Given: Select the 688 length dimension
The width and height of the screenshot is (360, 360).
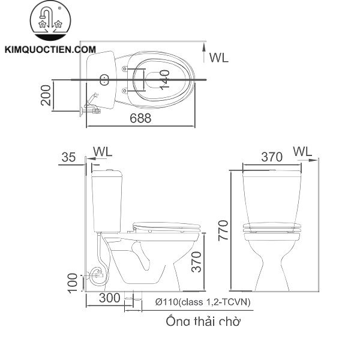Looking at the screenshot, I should pyautogui.click(x=140, y=118).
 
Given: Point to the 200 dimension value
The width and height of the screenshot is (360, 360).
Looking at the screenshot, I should pyautogui.click(x=46, y=94).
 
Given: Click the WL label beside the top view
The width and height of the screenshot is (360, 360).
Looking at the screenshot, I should pyautogui.click(x=219, y=58).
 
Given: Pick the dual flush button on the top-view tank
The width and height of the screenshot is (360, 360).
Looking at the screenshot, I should pyautogui.click(x=103, y=79).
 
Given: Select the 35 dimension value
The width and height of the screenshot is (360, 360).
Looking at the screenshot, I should pyautogui.click(x=69, y=157).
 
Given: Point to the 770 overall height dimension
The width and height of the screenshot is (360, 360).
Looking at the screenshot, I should pyautogui.click(x=223, y=229).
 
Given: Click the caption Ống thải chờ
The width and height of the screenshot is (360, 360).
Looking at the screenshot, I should pyautogui.click(x=203, y=322).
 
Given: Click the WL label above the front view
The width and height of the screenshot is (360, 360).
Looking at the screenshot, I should pyautogui.click(x=304, y=152).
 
